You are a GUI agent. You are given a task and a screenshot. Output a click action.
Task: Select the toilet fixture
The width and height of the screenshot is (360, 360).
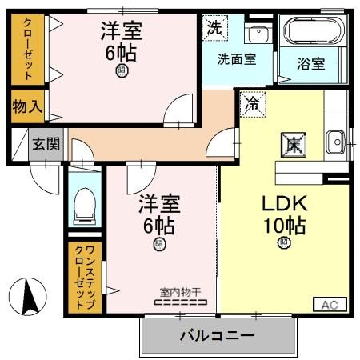click(82, 207)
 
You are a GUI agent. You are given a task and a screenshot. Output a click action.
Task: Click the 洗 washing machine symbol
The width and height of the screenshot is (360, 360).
click(214, 27)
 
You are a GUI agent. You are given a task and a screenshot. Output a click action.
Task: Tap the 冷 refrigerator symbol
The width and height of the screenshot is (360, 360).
click(252, 104)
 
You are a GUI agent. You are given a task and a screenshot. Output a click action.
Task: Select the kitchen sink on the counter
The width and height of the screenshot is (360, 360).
click(334, 145)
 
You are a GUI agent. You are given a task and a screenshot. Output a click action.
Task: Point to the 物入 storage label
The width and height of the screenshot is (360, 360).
click(27, 107)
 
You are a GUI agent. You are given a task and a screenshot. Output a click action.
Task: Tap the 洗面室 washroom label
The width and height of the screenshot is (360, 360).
click(238, 59)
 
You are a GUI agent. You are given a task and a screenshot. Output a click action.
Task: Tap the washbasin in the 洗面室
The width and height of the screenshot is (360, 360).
click(258, 34)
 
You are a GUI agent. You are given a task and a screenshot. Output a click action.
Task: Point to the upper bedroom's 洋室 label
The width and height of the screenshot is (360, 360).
click(122, 33)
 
